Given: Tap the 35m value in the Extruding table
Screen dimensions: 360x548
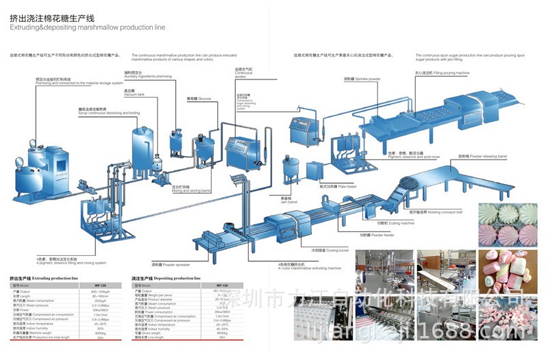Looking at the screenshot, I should (100, 337).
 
